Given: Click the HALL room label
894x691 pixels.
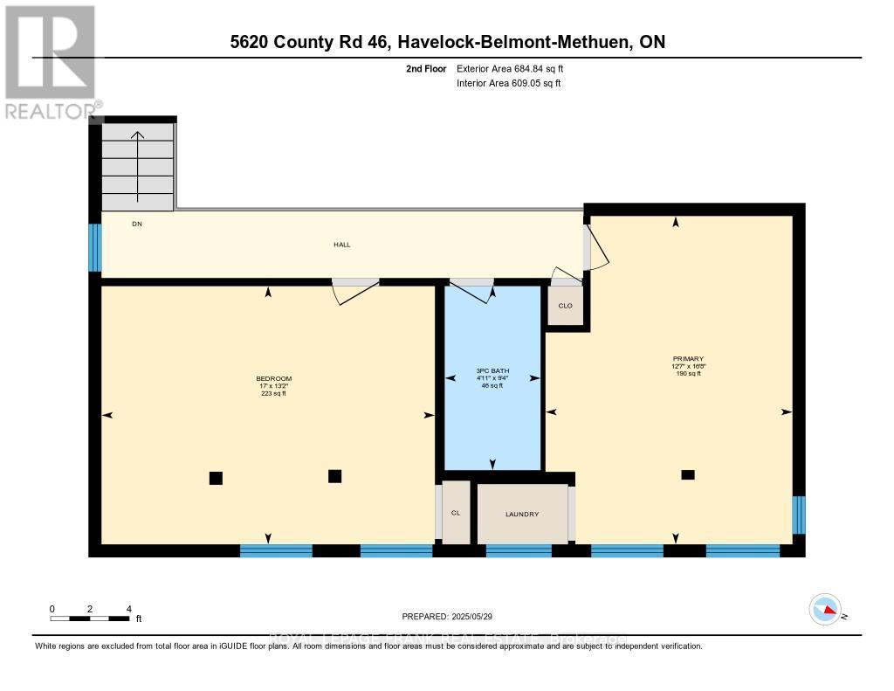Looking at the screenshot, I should tap(341, 245).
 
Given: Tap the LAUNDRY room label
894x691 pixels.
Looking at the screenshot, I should tap(522, 514).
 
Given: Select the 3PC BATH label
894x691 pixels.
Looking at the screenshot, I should tap(492, 371).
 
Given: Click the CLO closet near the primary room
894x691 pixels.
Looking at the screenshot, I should tap(565, 306).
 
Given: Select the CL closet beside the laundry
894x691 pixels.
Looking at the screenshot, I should tap(456, 513).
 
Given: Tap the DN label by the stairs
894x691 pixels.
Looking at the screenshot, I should tap(136, 225).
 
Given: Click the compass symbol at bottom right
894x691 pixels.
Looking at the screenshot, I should tap(825, 609).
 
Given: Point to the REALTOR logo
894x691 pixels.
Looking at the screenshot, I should tap(50, 61).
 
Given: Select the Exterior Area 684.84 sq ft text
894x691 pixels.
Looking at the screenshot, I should tap(516, 68).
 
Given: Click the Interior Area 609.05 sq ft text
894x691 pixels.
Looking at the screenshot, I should tap(508, 83).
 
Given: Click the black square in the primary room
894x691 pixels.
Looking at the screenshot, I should tap(688, 474).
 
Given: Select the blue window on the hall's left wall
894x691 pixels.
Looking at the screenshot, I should tap(95, 247).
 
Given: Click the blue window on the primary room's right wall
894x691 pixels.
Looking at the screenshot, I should tap(798, 515).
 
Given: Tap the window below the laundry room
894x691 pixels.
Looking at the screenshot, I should tap(519, 550).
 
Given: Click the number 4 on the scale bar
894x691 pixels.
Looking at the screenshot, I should tap(128, 608).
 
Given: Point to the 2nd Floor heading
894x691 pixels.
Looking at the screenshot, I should tap(426, 68).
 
